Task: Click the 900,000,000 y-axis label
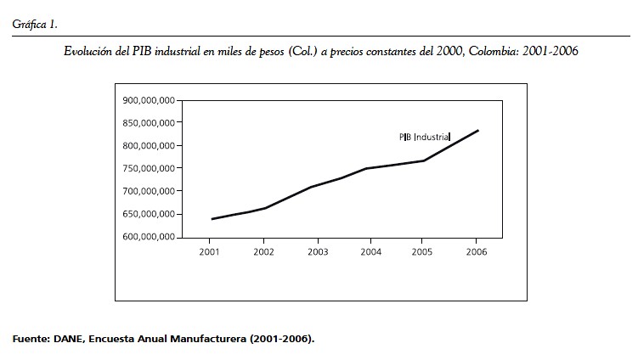tap(150, 100)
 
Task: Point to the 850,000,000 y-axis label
tap(150, 123)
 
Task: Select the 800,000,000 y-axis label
tap(150, 146)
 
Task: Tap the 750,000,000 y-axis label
tap(150, 168)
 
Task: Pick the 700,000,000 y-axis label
tap(150, 191)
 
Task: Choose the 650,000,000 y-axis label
tap(150, 214)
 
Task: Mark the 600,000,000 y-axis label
tap(150, 237)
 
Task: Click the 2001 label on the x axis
tap(210, 252)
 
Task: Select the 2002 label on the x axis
tap(263, 252)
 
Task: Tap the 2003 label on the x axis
tap(318, 252)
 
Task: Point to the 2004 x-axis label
tap(370, 252)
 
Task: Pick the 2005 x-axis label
tap(424, 252)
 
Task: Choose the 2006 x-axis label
tap(477, 252)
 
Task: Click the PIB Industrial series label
tap(425, 136)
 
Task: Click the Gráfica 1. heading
tap(35, 24)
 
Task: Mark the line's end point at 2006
tap(477, 131)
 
